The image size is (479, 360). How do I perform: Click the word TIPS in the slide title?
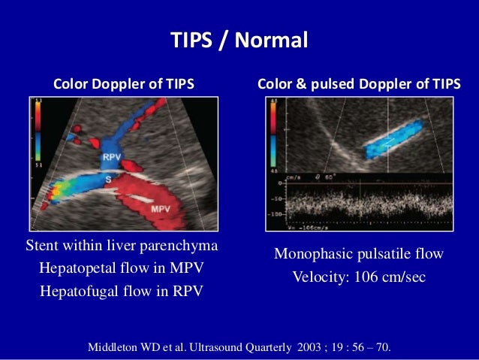point(191,40)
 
